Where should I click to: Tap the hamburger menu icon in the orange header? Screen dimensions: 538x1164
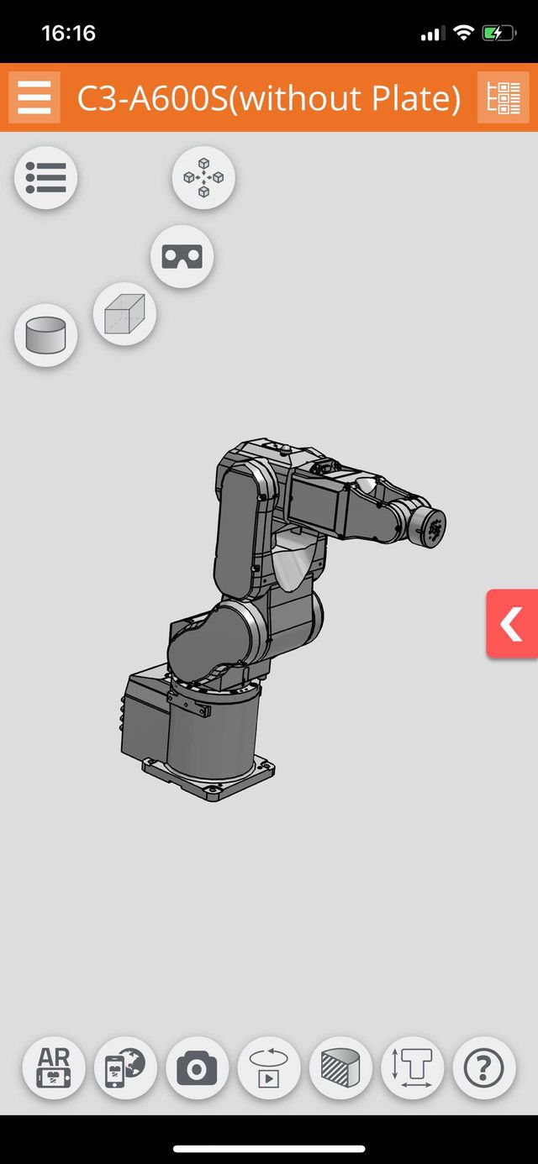coord(34,97)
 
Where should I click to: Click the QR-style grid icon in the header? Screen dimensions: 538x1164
coord(504,97)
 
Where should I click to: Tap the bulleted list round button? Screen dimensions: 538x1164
coord(45,178)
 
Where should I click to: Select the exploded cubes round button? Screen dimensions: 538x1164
coord(203,178)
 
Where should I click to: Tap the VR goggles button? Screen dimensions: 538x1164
coord(182,257)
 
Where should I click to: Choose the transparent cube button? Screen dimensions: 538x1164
coord(125,314)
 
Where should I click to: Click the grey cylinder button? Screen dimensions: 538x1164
coord(45,336)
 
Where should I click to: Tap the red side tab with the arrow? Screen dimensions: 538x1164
coord(512,623)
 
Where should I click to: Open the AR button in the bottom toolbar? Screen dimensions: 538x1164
coord(54,1067)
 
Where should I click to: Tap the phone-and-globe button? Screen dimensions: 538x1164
coord(125,1067)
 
